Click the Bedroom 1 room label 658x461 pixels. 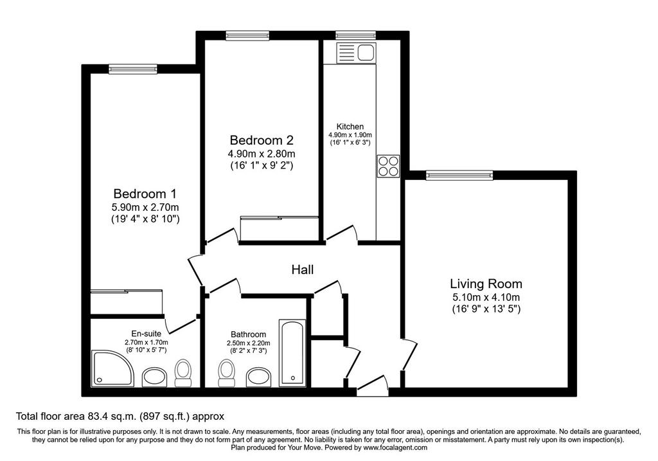tap(145, 194)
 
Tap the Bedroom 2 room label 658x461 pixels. tap(262, 140)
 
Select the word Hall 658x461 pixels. tap(303, 269)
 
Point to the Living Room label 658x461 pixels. tap(486, 284)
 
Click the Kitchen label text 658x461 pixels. tap(350, 127)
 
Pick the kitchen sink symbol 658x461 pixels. tap(356, 53)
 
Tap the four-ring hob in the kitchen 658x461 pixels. tap(388, 167)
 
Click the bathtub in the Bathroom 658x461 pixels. tap(293, 353)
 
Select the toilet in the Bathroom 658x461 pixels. tap(226, 373)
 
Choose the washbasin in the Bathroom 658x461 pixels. tap(258, 377)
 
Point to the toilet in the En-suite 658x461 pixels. tap(183, 373)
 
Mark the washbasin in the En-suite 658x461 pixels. tap(155, 377)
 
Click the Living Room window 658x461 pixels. tap(459, 175)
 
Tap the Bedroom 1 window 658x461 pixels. tap(132, 69)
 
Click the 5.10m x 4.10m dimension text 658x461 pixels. tap(486, 298)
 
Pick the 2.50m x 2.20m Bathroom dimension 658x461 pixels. tap(249, 343)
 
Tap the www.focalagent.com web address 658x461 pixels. tap(395, 447)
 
